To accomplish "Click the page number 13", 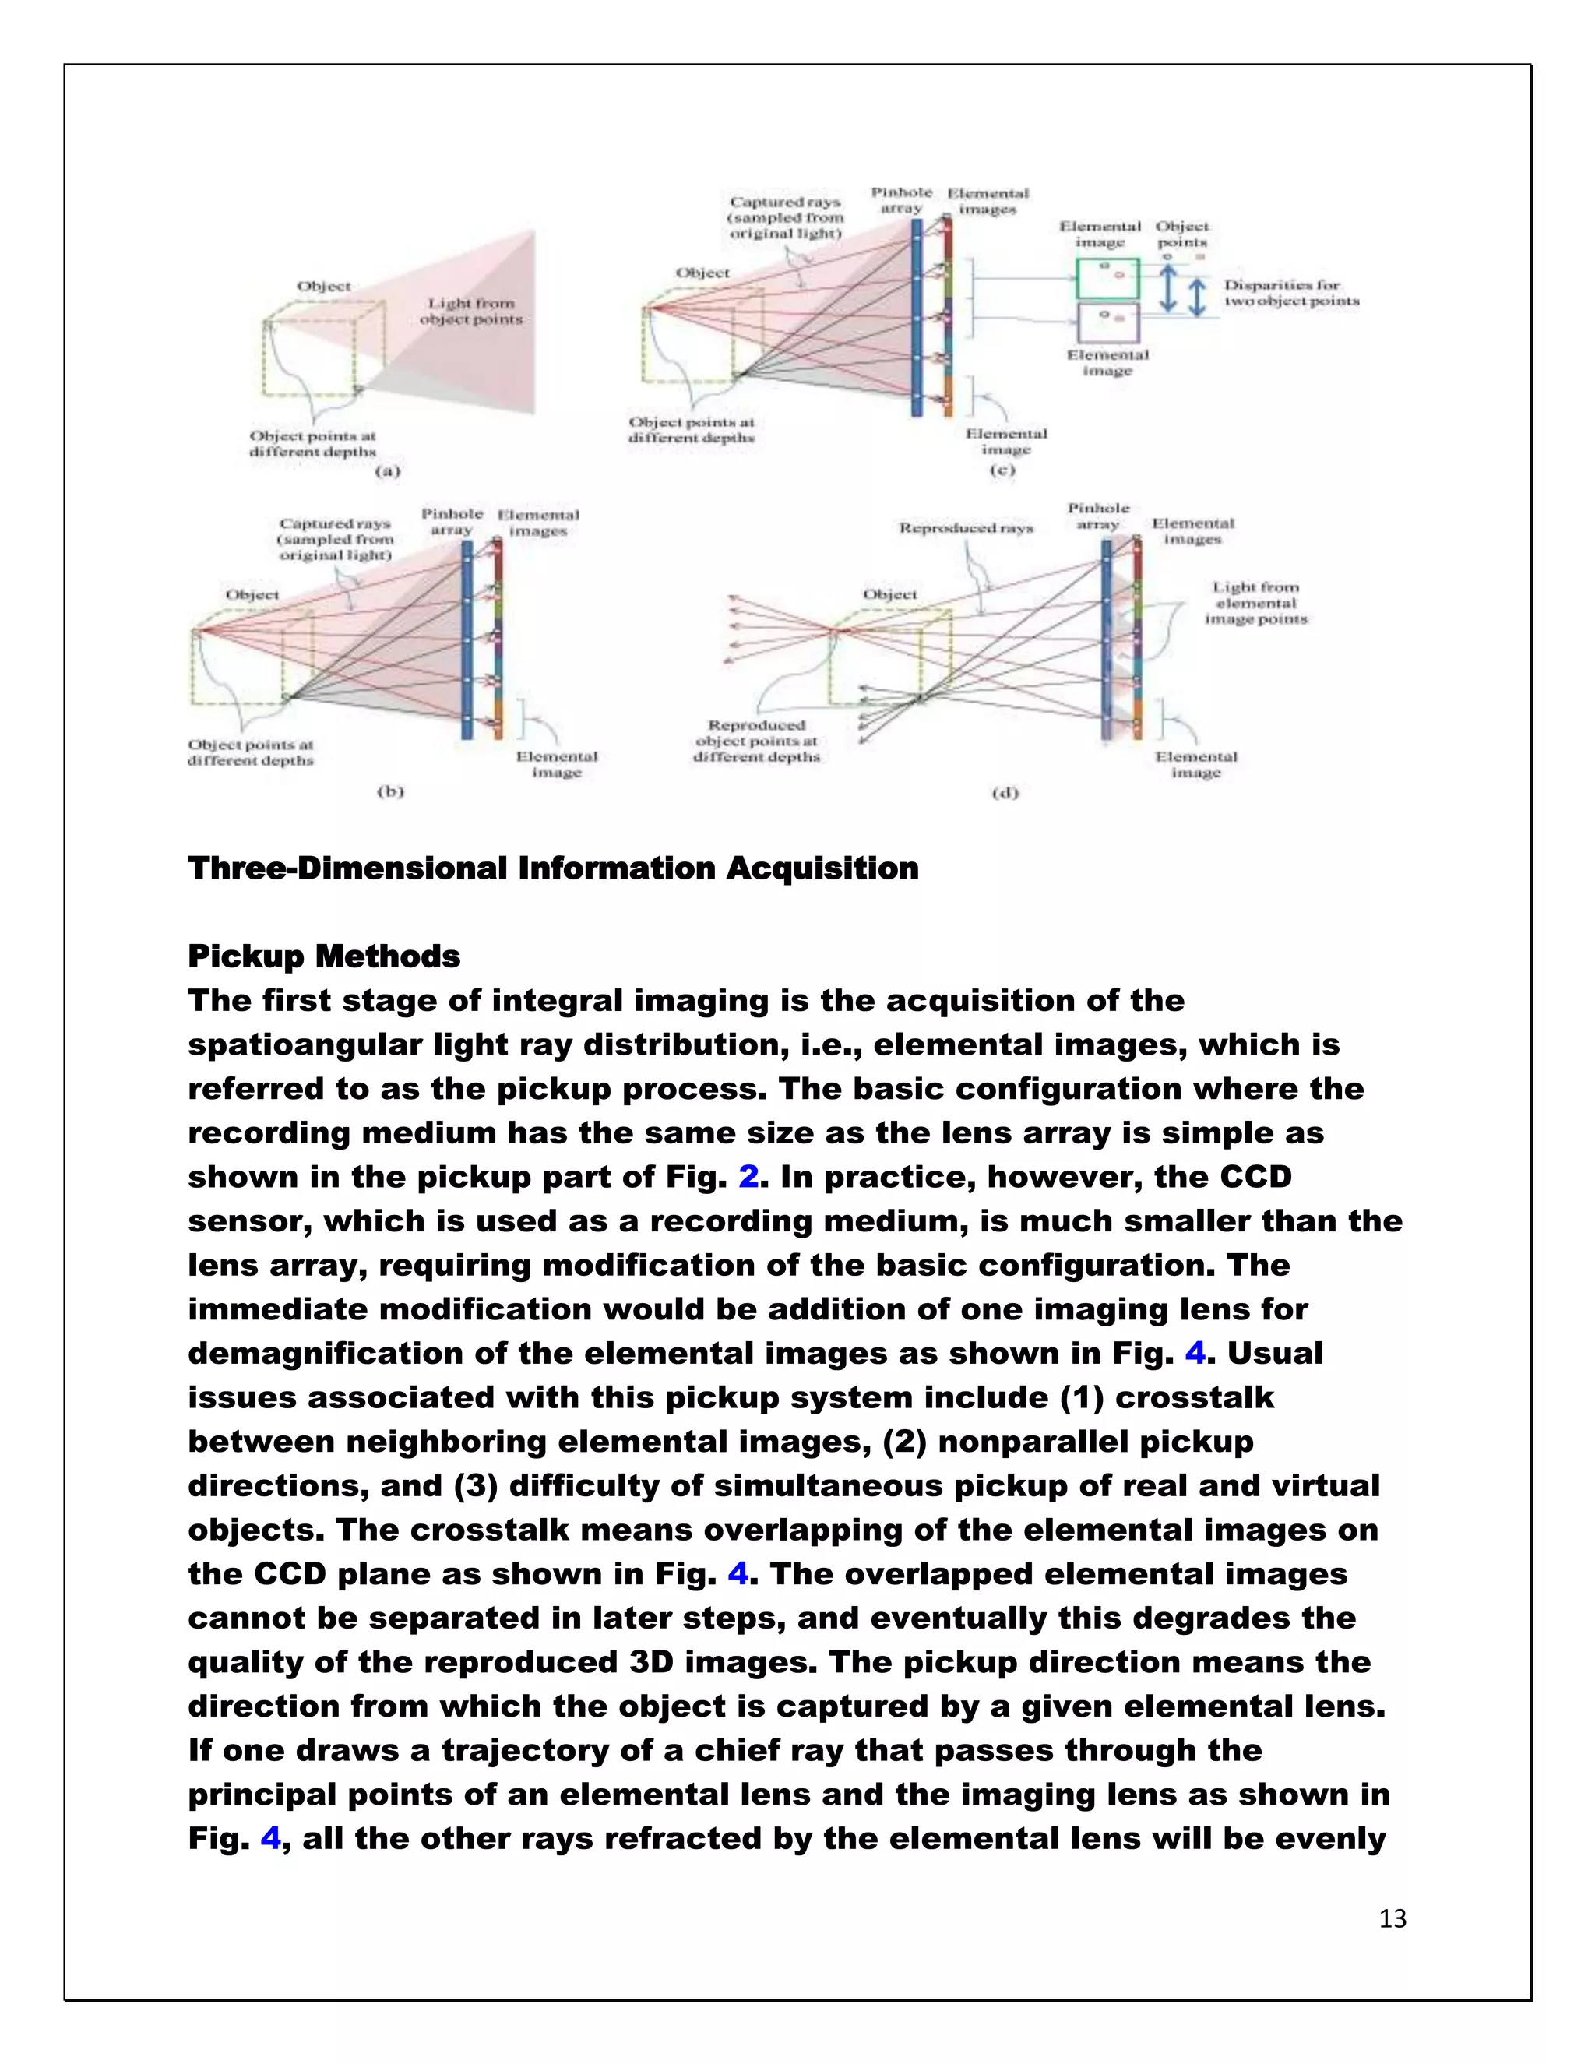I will point(1392,1918).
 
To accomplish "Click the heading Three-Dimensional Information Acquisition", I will point(553,868).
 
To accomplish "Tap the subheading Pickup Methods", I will point(324,956).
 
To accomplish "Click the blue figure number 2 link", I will point(748,1177).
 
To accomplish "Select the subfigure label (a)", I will point(387,470).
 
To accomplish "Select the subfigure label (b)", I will point(390,791).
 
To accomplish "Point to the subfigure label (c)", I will point(1001,470).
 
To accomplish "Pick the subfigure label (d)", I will point(1005,792).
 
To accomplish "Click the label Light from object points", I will point(470,311).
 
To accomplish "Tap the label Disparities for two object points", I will point(1290,293).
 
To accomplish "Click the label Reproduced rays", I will point(966,527).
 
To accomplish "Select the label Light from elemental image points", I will point(1255,603).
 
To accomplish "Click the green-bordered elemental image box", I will point(1107,278).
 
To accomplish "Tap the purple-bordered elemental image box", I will point(1107,322).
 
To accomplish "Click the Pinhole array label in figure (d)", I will point(1098,516).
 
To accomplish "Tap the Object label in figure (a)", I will point(323,287).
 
